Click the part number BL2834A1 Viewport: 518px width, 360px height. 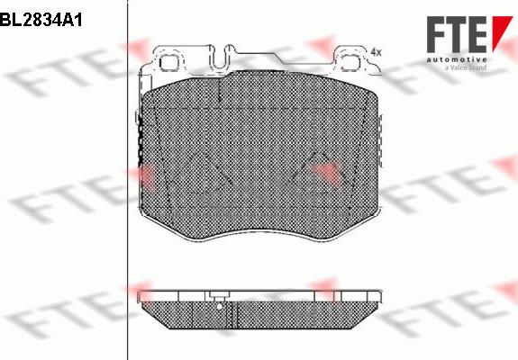pyautogui.click(x=41, y=18)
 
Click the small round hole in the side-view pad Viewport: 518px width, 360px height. pyautogui.click(x=219, y=306)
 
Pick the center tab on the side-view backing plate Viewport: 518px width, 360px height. pyautogui.click(x=219, y=296)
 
